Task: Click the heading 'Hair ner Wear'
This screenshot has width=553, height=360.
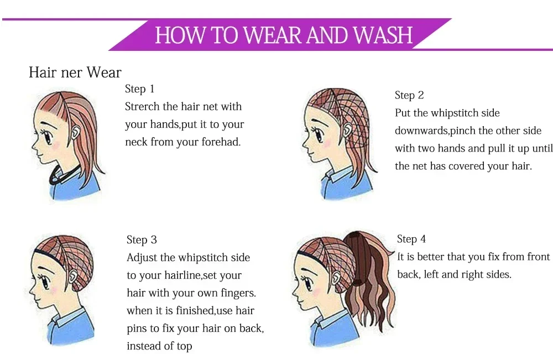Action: pyautogui.click(x=75, y=72)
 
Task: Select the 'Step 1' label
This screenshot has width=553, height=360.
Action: pyautogui.click(x=140, y=89)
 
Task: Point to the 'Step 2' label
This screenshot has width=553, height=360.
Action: pyautogui.click(x=409, y=95)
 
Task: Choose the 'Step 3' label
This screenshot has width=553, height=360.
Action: pyautogui.click(x=142, y=240)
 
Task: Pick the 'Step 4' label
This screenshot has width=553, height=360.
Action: pyautogui.click(x=411, y=239)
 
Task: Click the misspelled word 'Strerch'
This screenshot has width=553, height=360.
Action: pyautogui.click(x=142, y=107)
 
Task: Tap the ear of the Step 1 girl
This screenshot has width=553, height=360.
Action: pyautogui.click(x=75, y=133)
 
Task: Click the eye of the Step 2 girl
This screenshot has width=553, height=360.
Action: pyautogui.click(x=318, y=134)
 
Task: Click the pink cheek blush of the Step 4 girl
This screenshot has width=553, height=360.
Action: pyautogui.click(x=316, y=293)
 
